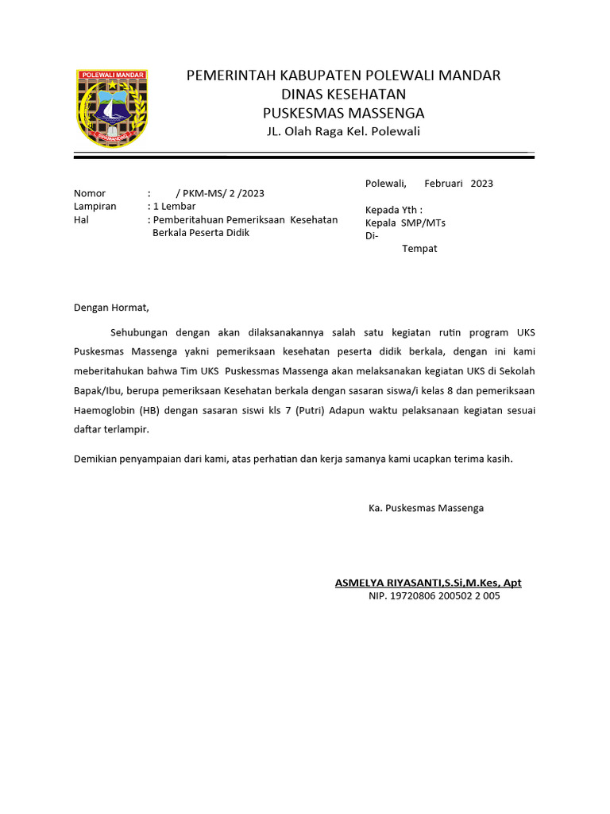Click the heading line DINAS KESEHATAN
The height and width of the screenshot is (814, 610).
pos(343,94)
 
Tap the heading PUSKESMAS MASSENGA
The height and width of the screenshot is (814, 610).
pos(343,112)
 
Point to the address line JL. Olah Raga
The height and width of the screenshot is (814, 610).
pos(343,131)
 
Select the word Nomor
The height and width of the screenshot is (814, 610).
pos(90,193)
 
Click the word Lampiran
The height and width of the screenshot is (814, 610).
pos(95,206)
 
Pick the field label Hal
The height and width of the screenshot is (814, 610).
pos(80,219)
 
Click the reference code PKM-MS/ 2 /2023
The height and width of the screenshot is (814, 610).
pos(223,193)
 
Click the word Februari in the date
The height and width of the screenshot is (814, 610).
pos(443,183)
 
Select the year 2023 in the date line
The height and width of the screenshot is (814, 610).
pos(481,183)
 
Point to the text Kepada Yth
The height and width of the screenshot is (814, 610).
pos(393,210)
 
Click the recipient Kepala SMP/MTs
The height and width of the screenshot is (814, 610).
pos(405,223)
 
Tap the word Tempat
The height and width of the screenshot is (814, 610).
pos(419,248)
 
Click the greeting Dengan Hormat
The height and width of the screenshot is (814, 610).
pos(111,307)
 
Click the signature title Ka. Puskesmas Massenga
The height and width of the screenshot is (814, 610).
pos(426,507)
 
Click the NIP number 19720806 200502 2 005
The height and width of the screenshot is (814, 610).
pos(448,595)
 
